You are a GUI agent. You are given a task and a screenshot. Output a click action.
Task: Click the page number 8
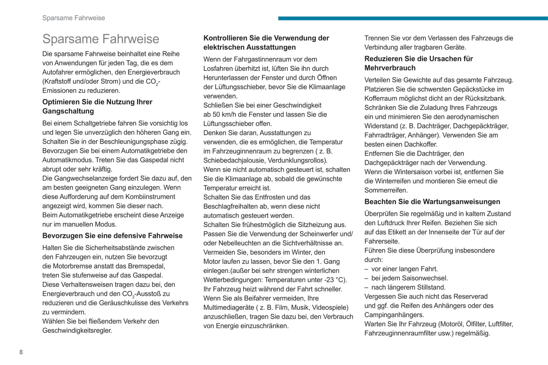pyautogui.click(x=21, y=352)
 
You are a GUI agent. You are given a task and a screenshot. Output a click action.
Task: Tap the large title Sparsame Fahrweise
pyautogui.click(x=100, y=39)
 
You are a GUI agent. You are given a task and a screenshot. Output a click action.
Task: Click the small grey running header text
pyautogui.click(x=74, y=18)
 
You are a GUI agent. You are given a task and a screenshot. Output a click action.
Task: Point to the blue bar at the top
pyautogui.click(x=413, y=18)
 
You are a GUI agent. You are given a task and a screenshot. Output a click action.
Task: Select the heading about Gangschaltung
pyautogui.click(x=97, y=106)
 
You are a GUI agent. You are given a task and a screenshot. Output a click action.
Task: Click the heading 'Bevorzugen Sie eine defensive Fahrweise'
pyautogui.click(x=112, y=236)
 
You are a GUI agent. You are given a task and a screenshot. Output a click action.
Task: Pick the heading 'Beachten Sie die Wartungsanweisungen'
pyautogui.click(x=432, y=202)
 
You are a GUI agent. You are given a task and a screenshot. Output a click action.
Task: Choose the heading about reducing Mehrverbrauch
pyautogui.click(x=418, y=63)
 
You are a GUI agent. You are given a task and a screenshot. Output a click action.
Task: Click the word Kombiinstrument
pyautogui.click(x=151, y=197)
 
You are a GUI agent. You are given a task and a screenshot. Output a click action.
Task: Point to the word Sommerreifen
pyautogui.click(x=386, y=190)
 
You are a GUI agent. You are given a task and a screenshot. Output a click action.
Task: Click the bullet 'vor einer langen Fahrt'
pyautogui.click(x=404, y=269)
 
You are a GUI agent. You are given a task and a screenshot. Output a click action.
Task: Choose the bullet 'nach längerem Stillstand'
pyautogui.click(x=408, y=287)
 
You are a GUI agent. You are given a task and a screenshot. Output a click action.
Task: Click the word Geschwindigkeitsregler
pyautogui.click(x=77, y=331)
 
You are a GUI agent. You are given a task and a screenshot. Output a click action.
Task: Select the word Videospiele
pyautogui.click(x=328, y=307)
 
